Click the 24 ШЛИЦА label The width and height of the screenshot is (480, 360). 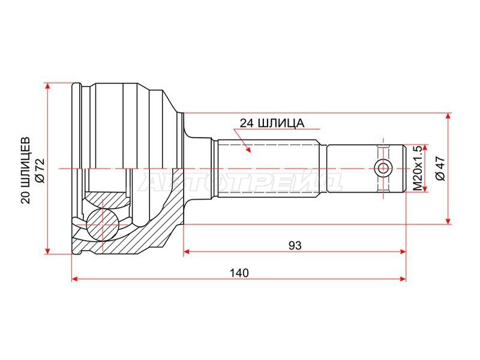tap(272, 123)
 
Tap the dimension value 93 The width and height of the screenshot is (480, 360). tap(295, 245)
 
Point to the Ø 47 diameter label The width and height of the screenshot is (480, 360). tap(441, 169)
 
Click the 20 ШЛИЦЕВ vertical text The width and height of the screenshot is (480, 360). tap(26, 170)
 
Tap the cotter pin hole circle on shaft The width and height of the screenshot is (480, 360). tap(383, 169)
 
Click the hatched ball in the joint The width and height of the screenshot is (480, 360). tap(101, 224)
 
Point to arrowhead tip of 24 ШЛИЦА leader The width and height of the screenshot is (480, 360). tap(251, 152)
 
